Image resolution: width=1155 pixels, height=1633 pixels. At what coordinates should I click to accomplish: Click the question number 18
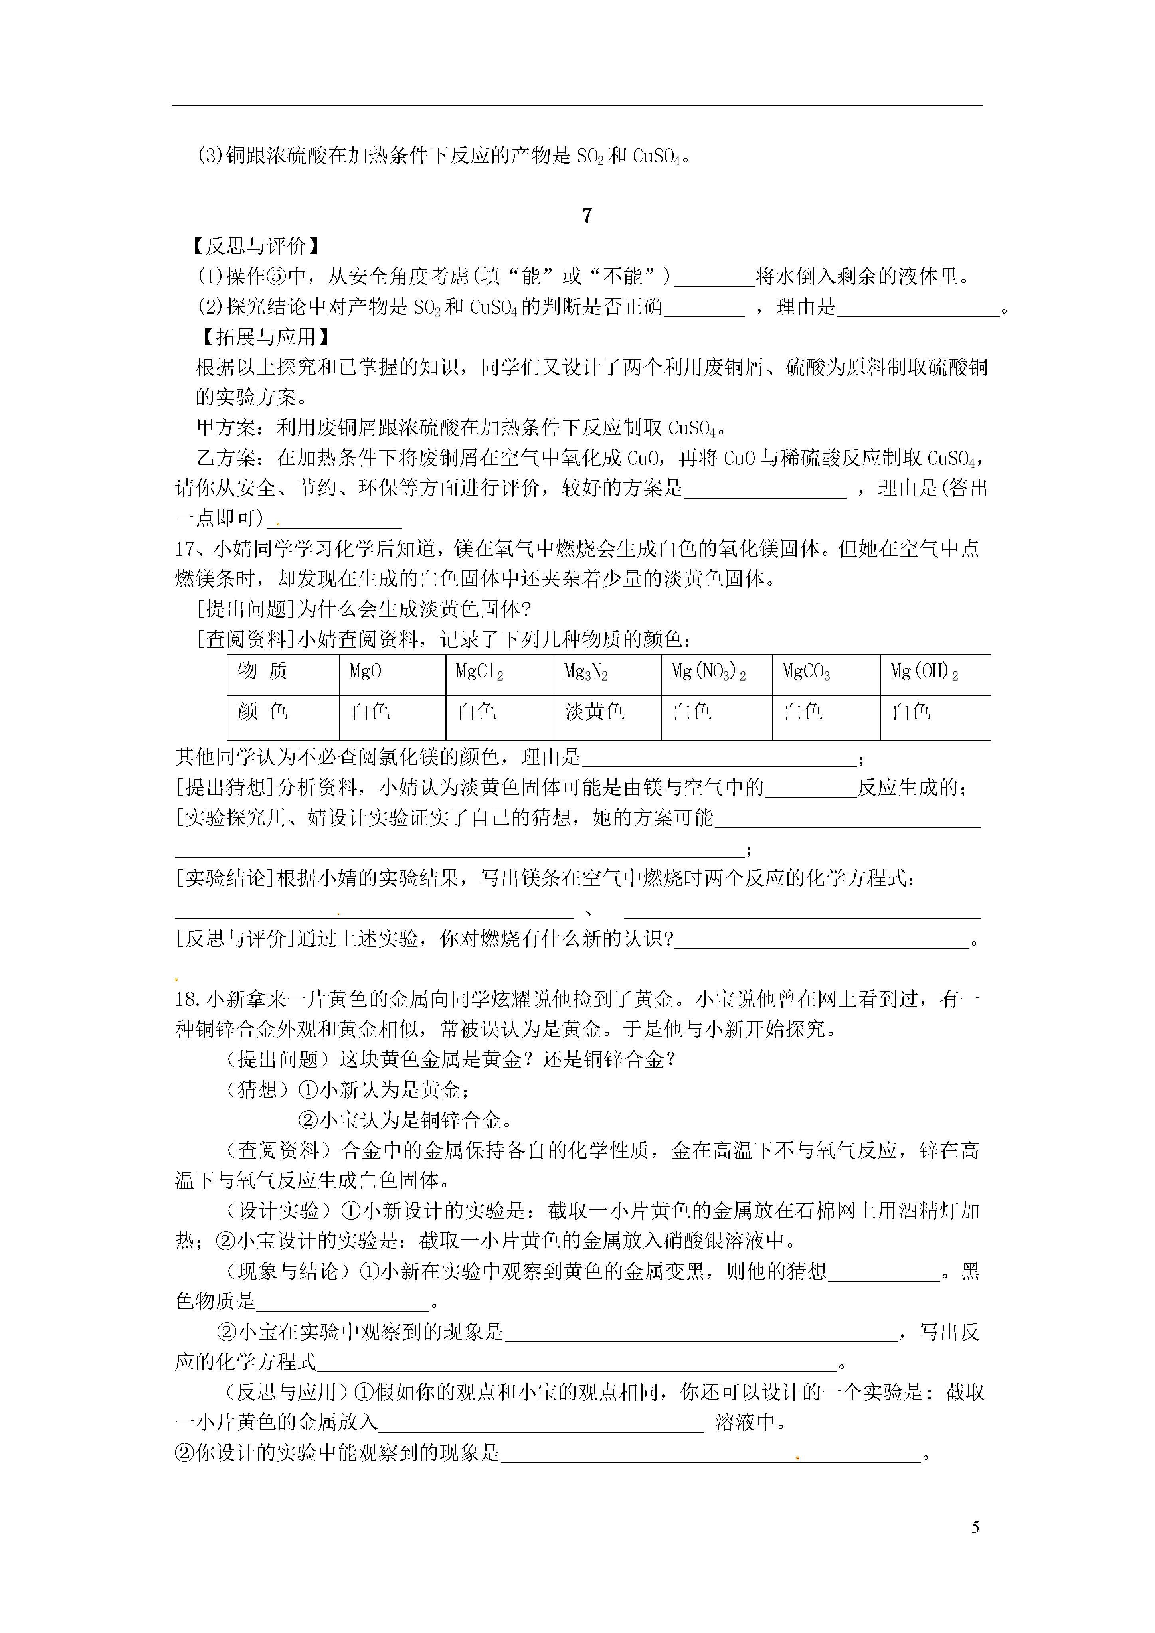(x=186, y=1000)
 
